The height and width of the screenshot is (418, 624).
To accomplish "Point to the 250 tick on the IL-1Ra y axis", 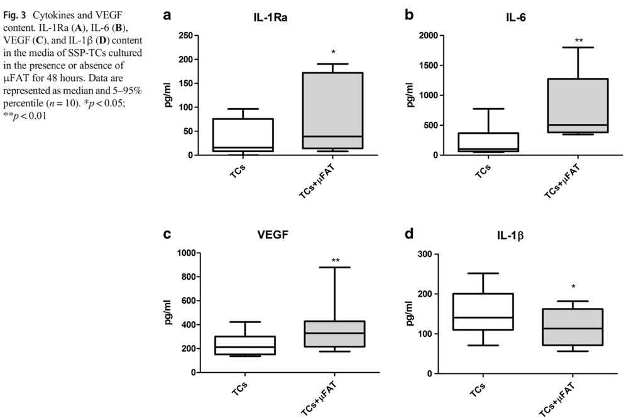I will tap(186, 35).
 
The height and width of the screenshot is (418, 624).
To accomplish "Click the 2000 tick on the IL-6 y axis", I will tap(427, 35).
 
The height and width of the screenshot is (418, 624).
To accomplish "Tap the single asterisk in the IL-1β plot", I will tap(573, 287).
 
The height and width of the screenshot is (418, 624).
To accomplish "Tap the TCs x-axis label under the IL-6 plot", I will tap(481, 170).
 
